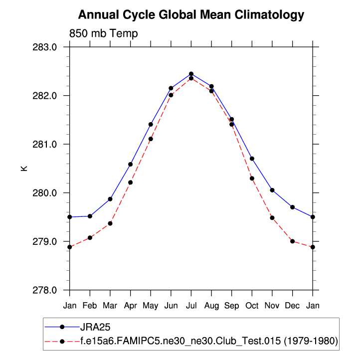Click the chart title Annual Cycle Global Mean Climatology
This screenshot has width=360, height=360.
click(x=191, y=15)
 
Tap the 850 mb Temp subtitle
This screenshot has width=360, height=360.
click(x=103, y=34)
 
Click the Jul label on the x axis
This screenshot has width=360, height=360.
click(x=191, y=304)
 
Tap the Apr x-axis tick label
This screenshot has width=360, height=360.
click(x=130, y=304)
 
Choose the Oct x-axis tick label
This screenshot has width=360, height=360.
click(x=252, y=304)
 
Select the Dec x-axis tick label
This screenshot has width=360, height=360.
click(x=292, y=304)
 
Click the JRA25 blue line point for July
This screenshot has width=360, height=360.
click(x=191, y=74)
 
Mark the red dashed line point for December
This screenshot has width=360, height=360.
click(x=292, y=241)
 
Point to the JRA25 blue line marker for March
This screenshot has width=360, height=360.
click(x=110, y=199)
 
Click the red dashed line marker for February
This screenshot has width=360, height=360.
click(x=90, y=237)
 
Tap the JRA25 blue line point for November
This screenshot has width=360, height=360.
click(x=272, y=190)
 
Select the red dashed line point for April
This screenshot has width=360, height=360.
click(x=130, y=182)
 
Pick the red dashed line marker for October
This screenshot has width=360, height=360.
click(x=252, y=179)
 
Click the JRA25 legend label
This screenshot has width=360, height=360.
click(x=95, y=327)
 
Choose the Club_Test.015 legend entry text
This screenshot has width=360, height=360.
click(x=209, y=341)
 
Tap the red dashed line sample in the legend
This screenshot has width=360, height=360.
click(x=62, y=341)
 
